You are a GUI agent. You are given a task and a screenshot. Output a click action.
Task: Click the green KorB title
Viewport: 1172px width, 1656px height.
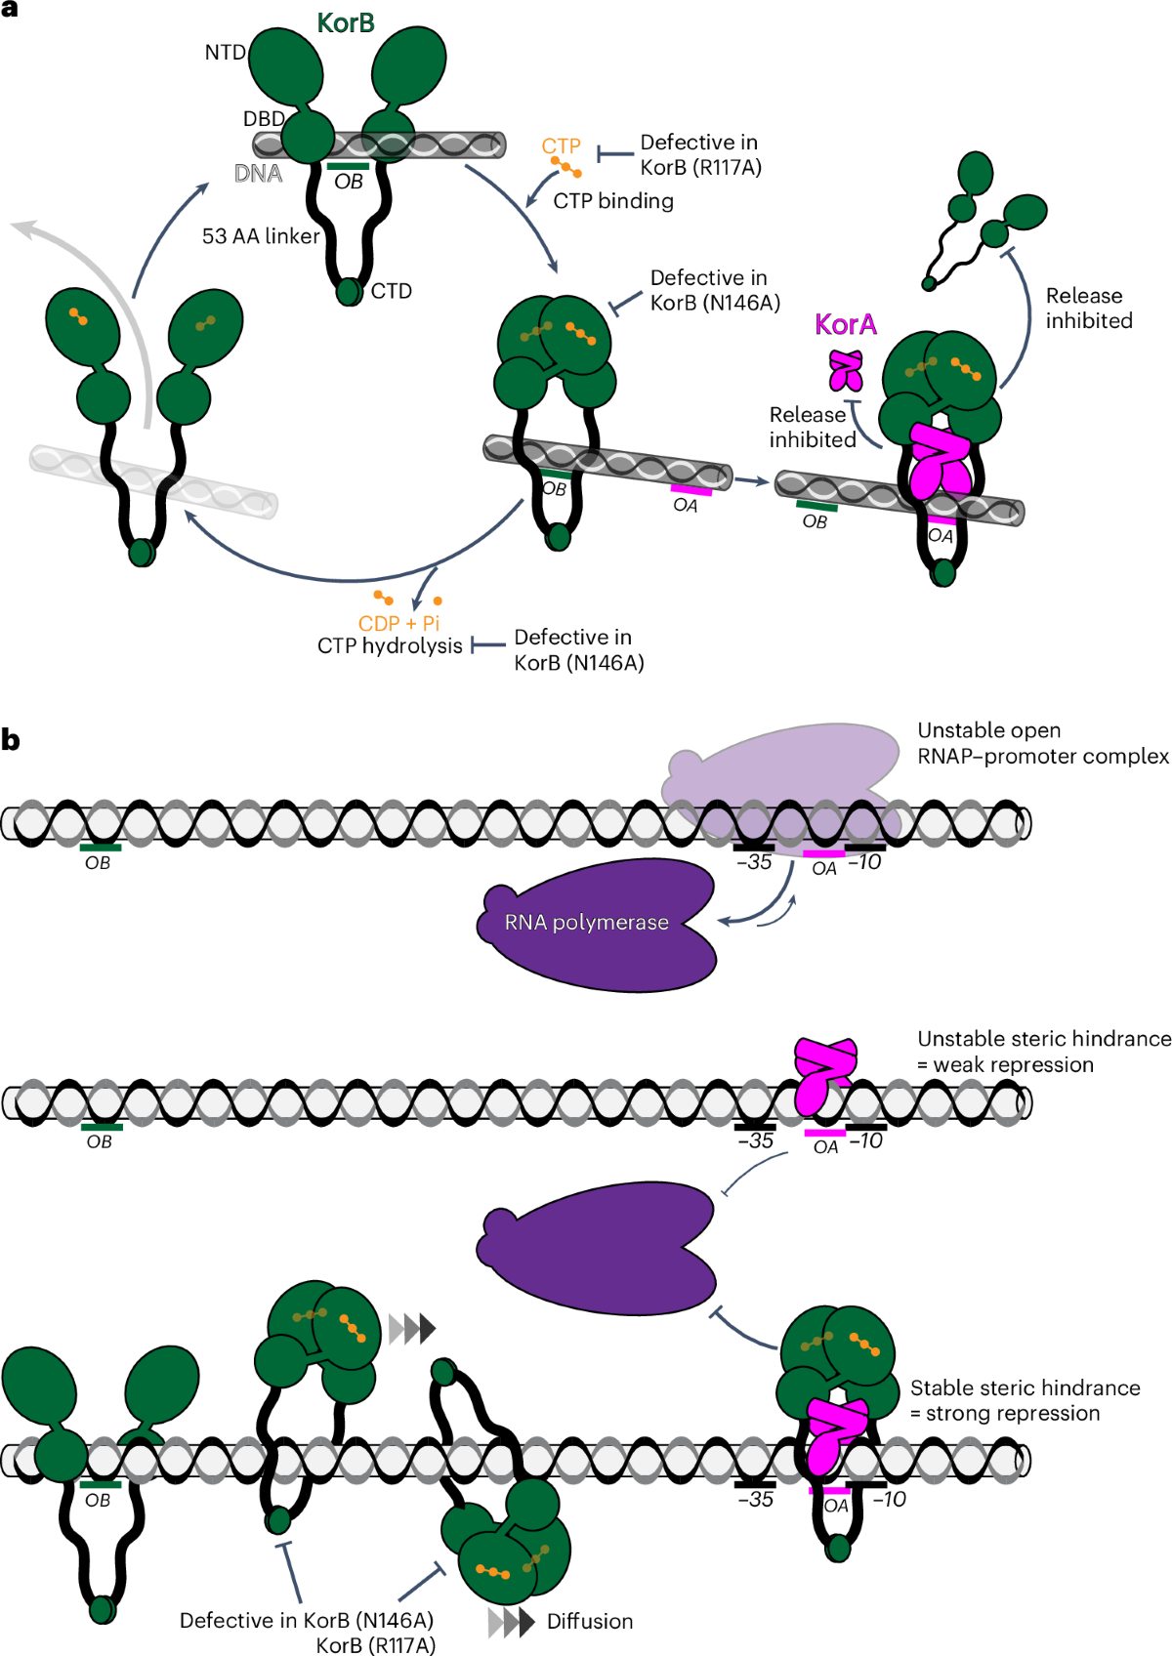346,23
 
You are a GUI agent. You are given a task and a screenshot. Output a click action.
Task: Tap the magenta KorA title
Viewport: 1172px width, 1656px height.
846,324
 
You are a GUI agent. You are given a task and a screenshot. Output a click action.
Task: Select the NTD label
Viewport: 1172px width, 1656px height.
226,53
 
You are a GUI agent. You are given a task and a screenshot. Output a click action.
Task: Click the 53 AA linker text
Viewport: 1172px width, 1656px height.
261,236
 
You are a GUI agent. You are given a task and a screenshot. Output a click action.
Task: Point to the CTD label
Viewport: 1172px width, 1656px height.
391,291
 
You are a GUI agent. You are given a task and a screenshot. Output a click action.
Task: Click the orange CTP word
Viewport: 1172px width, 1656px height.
561,145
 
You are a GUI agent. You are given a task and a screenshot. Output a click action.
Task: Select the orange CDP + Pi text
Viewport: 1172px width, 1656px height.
398,623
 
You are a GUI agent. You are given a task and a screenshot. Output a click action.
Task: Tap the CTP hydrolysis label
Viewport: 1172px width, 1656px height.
390,646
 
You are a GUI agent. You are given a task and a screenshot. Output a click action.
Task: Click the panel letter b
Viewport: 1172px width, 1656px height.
11,740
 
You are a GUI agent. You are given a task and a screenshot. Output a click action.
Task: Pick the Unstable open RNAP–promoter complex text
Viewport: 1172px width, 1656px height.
1042,743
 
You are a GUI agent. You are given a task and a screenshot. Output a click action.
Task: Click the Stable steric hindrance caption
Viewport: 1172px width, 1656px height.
1025,1400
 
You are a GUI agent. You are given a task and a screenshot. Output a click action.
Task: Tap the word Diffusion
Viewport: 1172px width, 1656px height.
590,1621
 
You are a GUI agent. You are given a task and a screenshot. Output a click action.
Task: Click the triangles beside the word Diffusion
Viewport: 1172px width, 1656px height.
512,1622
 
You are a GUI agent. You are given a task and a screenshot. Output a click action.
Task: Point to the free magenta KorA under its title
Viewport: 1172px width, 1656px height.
846,370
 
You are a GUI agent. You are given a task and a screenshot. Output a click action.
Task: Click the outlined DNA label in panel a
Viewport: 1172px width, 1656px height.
258,174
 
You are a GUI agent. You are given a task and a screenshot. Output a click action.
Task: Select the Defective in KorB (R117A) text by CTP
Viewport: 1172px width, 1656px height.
700,154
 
